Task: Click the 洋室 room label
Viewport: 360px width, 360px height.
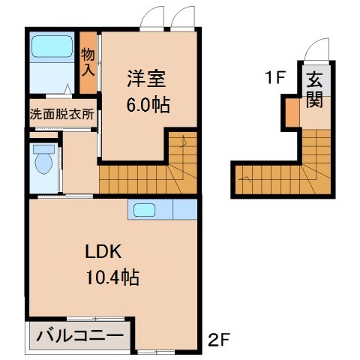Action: click(142, 77)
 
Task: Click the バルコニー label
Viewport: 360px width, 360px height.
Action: click(79, 334)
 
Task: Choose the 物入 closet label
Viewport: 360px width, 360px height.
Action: click(88, 61)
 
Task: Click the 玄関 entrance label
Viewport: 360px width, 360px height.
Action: click(314, 88)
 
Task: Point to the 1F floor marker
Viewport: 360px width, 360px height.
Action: click(274, 77)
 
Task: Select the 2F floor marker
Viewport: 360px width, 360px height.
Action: click(219, 343)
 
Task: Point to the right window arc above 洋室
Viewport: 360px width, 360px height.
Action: click(184, 18)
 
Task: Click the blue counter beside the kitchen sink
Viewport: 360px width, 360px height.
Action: click(184, 209)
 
